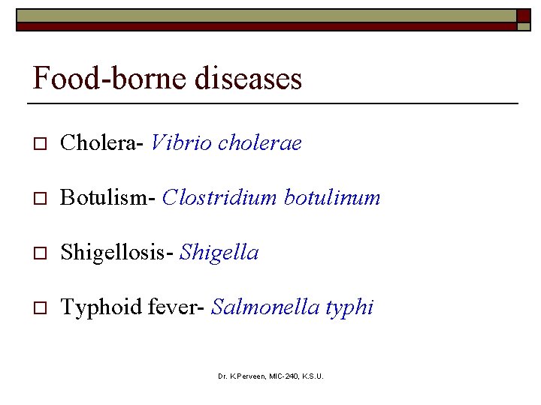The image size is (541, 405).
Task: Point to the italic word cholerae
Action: [259, 142]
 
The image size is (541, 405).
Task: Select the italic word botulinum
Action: [332, 197]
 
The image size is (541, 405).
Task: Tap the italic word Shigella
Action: [219, 253]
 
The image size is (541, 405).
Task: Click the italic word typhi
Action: [349, 307]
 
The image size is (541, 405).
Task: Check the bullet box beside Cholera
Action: [40, 143]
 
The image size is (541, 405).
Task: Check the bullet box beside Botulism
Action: [40, 198]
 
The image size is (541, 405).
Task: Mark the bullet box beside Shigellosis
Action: [40, 253]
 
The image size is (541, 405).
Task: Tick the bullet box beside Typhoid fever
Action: [40, 308]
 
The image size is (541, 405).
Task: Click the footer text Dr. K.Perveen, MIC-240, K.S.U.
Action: [270, 376]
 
